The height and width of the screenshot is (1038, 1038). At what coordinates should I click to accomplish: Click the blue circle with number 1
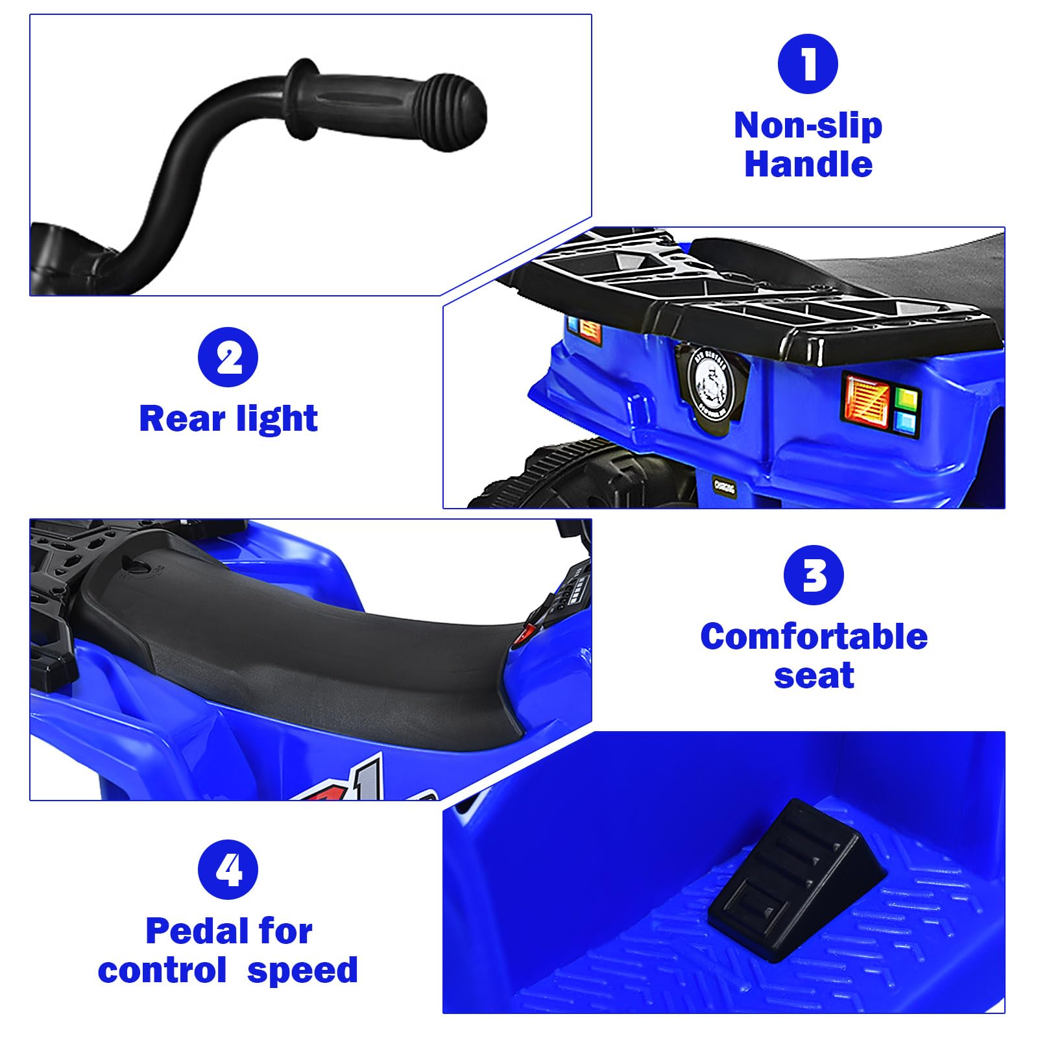(808, 64)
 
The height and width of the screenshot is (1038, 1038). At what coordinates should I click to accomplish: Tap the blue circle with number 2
(228, 357)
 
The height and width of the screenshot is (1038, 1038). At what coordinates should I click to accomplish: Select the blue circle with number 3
(814, 575)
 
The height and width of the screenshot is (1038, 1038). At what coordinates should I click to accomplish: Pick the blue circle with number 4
(228, 870)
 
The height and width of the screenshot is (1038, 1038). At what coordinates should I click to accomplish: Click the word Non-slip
(808, 125)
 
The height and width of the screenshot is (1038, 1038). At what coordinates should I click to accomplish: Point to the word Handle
(808, 163)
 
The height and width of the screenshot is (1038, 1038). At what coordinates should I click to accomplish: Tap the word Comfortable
(814, 636)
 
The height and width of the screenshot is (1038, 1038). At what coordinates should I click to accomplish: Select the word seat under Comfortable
(814, 675)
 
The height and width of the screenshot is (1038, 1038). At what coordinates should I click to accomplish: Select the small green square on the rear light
(906, 397)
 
